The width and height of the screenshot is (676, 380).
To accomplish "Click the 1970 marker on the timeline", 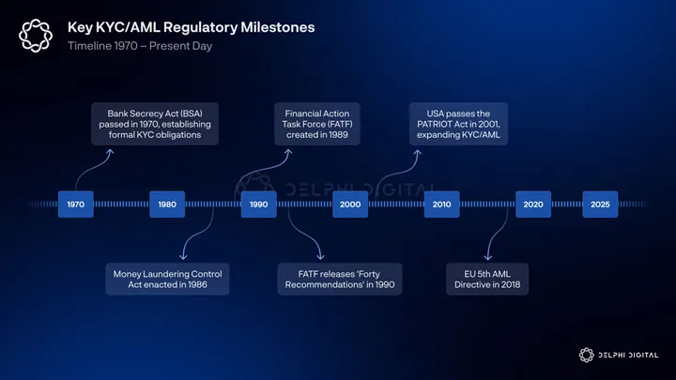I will (75, 204).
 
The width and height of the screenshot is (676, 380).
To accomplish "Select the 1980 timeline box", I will (166, 204).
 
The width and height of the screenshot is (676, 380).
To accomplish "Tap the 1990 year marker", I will (258, 204).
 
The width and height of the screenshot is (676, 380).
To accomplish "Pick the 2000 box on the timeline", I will (350, 204).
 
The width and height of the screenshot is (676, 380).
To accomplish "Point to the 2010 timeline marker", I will (441, 204).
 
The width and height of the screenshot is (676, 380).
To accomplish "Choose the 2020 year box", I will (532, 204).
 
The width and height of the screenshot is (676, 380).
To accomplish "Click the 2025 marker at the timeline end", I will (600, 204).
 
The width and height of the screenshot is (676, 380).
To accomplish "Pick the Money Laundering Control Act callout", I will (168, 279).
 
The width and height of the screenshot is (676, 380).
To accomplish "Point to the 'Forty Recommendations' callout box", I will (340, 279).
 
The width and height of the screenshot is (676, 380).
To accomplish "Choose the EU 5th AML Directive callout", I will (487, 279).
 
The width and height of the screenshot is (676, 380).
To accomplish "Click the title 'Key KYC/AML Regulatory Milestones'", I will (191, 27).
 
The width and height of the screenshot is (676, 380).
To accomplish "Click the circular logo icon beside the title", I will (36, 37).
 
